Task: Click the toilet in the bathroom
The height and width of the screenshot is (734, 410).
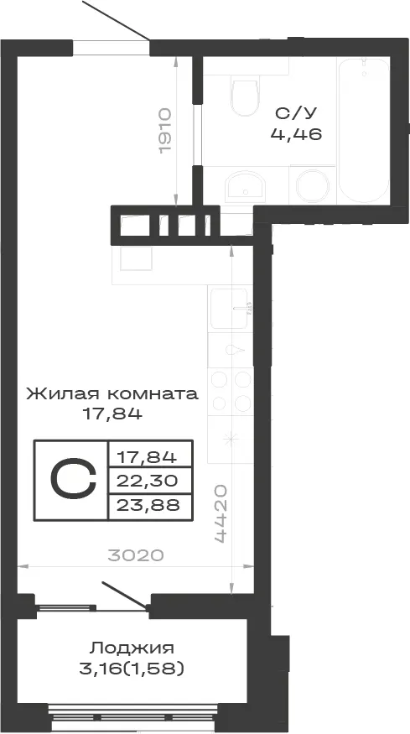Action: pos(244,97)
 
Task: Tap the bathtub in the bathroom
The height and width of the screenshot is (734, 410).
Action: pos(363,130)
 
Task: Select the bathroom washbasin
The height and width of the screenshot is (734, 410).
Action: pos(246,186)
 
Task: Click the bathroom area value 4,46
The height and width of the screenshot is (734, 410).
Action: pos(296,134)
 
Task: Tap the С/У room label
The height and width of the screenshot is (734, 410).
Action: pos(296,113)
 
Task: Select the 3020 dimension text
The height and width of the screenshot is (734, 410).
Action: pos(136,555)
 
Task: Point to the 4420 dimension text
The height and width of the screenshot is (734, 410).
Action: pos(221,513)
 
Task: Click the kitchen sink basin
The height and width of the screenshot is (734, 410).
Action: pos(230,309)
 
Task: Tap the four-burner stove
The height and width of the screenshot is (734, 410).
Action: pos(231,391)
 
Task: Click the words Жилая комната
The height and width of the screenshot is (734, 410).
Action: pos(112,394)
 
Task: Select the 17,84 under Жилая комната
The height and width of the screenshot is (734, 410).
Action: pos(112,414)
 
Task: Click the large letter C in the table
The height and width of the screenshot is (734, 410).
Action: pos(73,479)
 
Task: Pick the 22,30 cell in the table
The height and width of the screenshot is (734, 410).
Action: pos(148,481)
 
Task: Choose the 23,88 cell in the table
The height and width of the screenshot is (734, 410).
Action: pos(148,506)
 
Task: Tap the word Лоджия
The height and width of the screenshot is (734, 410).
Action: pos(132,648)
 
